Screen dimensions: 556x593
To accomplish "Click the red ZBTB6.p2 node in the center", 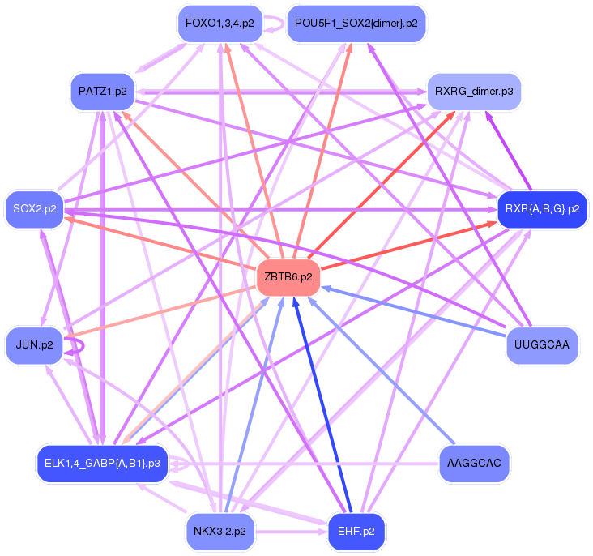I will pos(288,277).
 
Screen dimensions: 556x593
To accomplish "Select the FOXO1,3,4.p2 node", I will pos(220,23).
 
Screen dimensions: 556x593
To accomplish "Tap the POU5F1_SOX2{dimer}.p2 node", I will pos(345,23).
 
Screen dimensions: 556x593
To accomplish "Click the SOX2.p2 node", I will pos(35,208).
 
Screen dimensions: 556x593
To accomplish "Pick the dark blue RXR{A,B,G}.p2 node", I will pos(541,208).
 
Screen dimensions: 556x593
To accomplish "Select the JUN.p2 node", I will pos(34,345).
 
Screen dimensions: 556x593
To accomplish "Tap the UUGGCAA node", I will pos(542,345).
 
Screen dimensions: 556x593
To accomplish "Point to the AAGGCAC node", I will pos(475,464).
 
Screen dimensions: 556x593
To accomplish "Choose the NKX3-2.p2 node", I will pos(220,532).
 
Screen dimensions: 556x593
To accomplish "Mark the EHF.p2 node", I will pos(356,532).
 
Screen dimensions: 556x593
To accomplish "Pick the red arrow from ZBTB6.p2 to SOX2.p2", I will pos(162,243).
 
